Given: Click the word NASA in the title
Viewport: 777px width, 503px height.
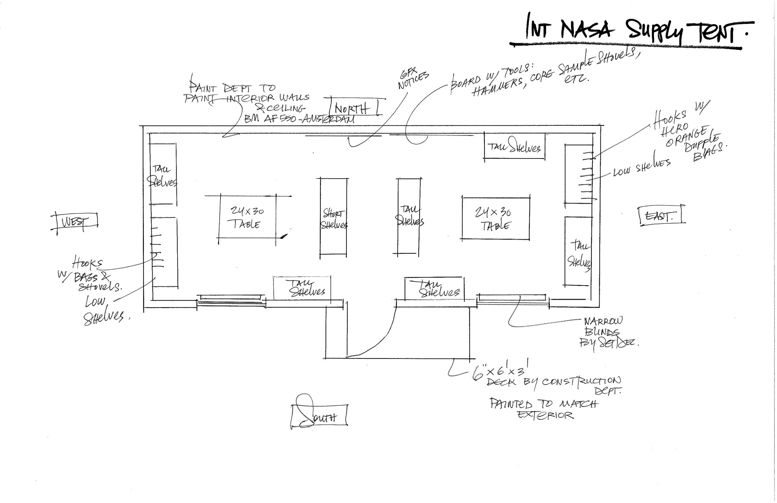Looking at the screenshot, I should coord(586,30).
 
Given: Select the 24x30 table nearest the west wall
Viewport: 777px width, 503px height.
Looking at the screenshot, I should coord(247,217).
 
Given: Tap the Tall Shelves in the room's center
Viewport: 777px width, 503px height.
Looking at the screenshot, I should coord(409,215).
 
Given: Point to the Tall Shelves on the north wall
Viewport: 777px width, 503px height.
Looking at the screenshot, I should coord(514,147).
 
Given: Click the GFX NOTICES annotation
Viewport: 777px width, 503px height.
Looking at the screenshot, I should coord(413,78).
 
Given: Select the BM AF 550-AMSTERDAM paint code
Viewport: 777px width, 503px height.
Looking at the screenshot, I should coord(299,118).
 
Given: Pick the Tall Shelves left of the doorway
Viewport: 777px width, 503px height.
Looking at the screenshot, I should coord(302,288).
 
